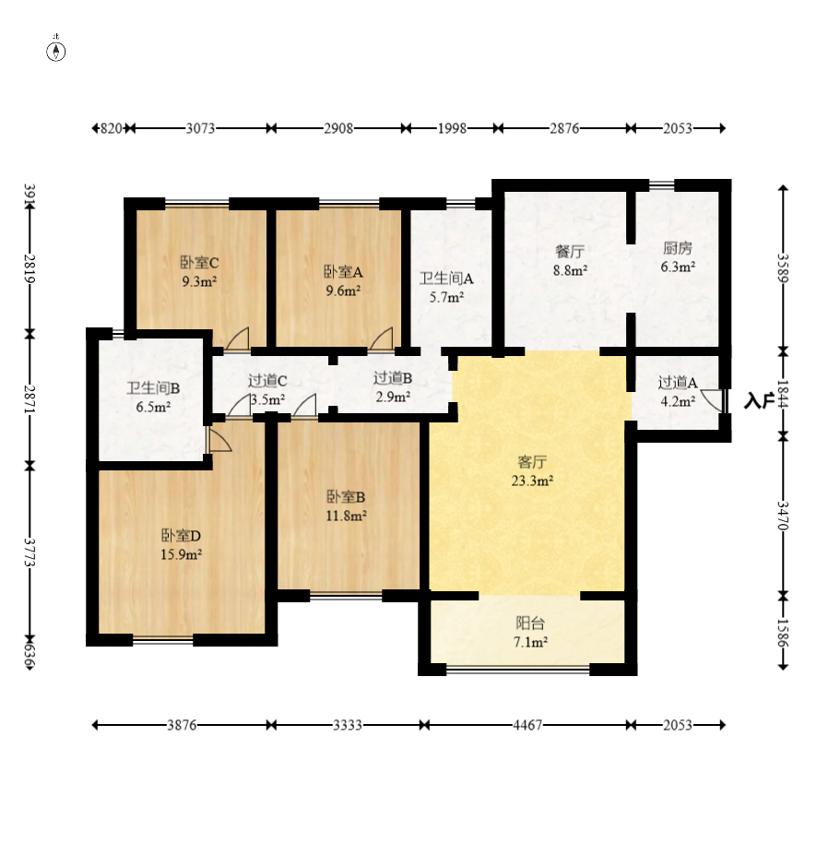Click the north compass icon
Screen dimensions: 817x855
55,52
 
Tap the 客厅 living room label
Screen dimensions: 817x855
532,462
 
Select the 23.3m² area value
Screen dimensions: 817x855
532,481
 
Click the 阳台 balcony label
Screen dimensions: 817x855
530,623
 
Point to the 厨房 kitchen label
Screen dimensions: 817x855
678,248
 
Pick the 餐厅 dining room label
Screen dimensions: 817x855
570,252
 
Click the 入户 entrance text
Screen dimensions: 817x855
759,401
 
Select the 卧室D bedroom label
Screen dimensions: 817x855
181,536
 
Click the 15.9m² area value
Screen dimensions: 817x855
181,554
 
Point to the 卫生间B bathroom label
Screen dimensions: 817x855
153,388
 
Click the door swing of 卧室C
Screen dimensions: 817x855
238,338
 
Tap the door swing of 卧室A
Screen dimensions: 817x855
382,338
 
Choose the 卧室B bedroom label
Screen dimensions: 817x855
346,497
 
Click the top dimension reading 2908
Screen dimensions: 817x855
338,128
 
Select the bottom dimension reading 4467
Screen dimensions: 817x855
527,725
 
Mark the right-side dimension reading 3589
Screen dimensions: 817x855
783,267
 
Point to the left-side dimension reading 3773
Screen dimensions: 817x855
30,552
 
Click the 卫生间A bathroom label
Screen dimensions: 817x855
446,279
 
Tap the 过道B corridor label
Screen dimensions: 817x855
393,378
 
